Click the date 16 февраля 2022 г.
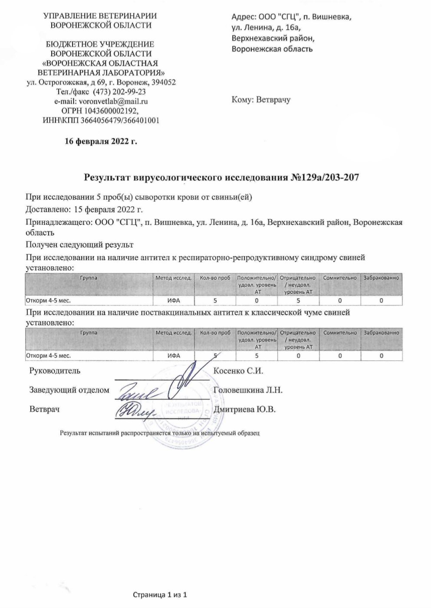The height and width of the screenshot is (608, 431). (101, 141)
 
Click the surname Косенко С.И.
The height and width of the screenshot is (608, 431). (239, 371)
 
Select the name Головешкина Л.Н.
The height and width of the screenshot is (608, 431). (248, 390)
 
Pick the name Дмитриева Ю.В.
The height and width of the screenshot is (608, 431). (245, 409)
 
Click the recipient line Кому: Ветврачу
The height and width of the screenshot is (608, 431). (261, 100)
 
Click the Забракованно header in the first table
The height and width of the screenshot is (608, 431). (381, 278)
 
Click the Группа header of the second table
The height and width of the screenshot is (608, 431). (89, 333)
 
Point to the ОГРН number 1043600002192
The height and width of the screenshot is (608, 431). (115, 111)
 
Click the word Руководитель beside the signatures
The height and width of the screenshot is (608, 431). (55, 371)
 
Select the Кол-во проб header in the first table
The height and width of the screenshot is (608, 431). (215, 278)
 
